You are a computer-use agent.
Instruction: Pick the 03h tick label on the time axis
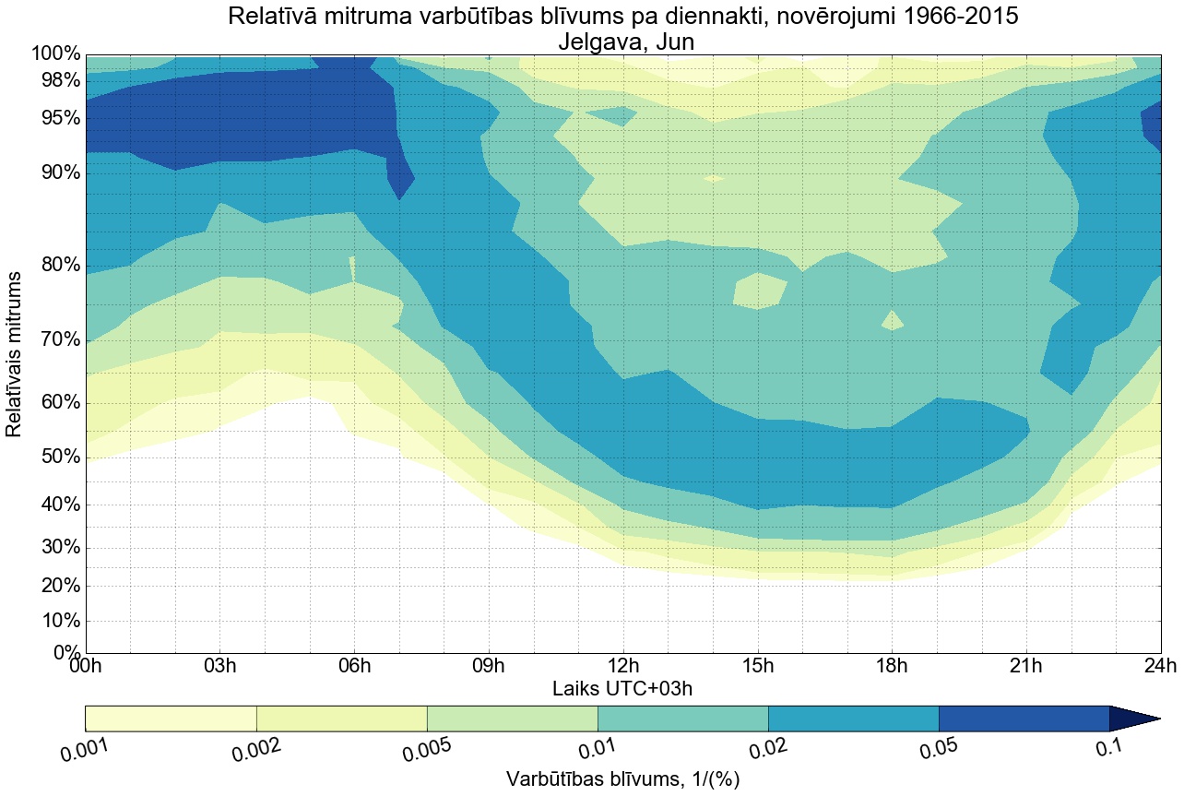(220, 666)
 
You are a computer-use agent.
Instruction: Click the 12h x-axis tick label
(623, 666)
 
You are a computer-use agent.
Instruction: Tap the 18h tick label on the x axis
(892, 666)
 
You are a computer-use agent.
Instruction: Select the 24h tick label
(1158, 666)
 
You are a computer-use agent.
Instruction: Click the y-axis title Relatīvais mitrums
(15, 354)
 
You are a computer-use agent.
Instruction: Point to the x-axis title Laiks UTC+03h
(623, 688)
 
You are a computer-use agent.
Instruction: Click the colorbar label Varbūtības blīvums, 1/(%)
(623, 778)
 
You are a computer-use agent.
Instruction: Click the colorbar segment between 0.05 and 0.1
(1024, 719)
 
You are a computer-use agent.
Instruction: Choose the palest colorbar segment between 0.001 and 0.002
(171, 719)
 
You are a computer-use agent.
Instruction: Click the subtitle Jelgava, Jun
(623, 42)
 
